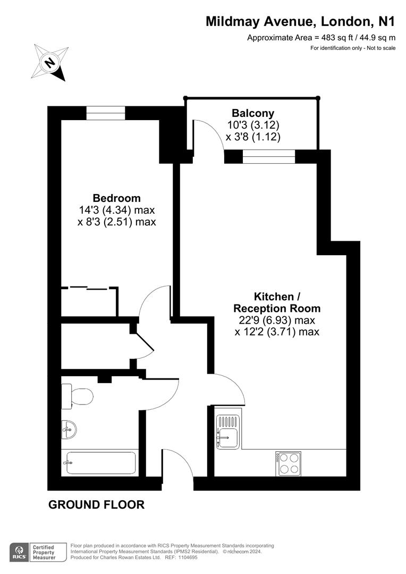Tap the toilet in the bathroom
click(x=77, y=396)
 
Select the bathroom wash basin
click(x=69, y=429)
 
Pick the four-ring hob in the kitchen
click(x=288, y=463)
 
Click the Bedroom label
click(x=117, y=198)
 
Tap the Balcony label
click(x=253, y=113)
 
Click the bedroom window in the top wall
click(x=106, y=113)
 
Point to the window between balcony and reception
click(x=269, y=156)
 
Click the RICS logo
click(x=19, y=552)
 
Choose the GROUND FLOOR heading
click(x=96, y=504)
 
